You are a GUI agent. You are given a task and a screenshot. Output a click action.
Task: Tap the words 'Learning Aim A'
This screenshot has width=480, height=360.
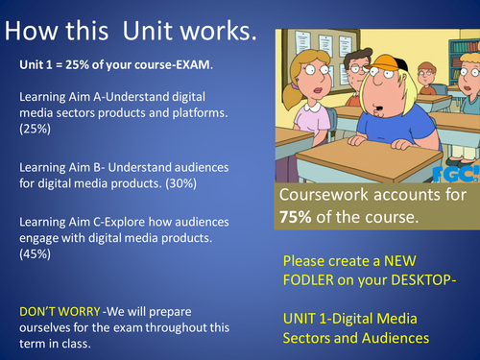click(63, 98)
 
